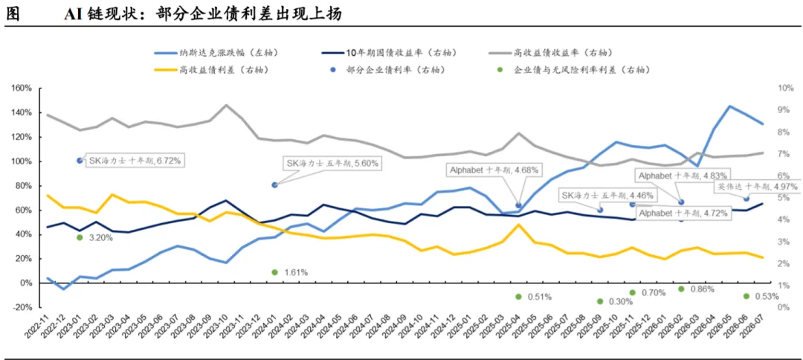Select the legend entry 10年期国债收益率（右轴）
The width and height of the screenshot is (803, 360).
389,53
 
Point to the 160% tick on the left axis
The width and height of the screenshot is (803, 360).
22,88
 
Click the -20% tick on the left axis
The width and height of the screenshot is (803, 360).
22,307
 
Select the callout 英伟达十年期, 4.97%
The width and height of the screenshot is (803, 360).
757,187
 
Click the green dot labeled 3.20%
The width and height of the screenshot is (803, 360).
80,237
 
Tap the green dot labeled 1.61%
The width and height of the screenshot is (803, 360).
274,272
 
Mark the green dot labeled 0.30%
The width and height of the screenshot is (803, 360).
600,302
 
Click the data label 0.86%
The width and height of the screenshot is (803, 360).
703,289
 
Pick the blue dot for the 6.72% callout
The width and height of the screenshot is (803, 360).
80,160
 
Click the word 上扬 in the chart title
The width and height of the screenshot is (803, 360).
329,14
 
